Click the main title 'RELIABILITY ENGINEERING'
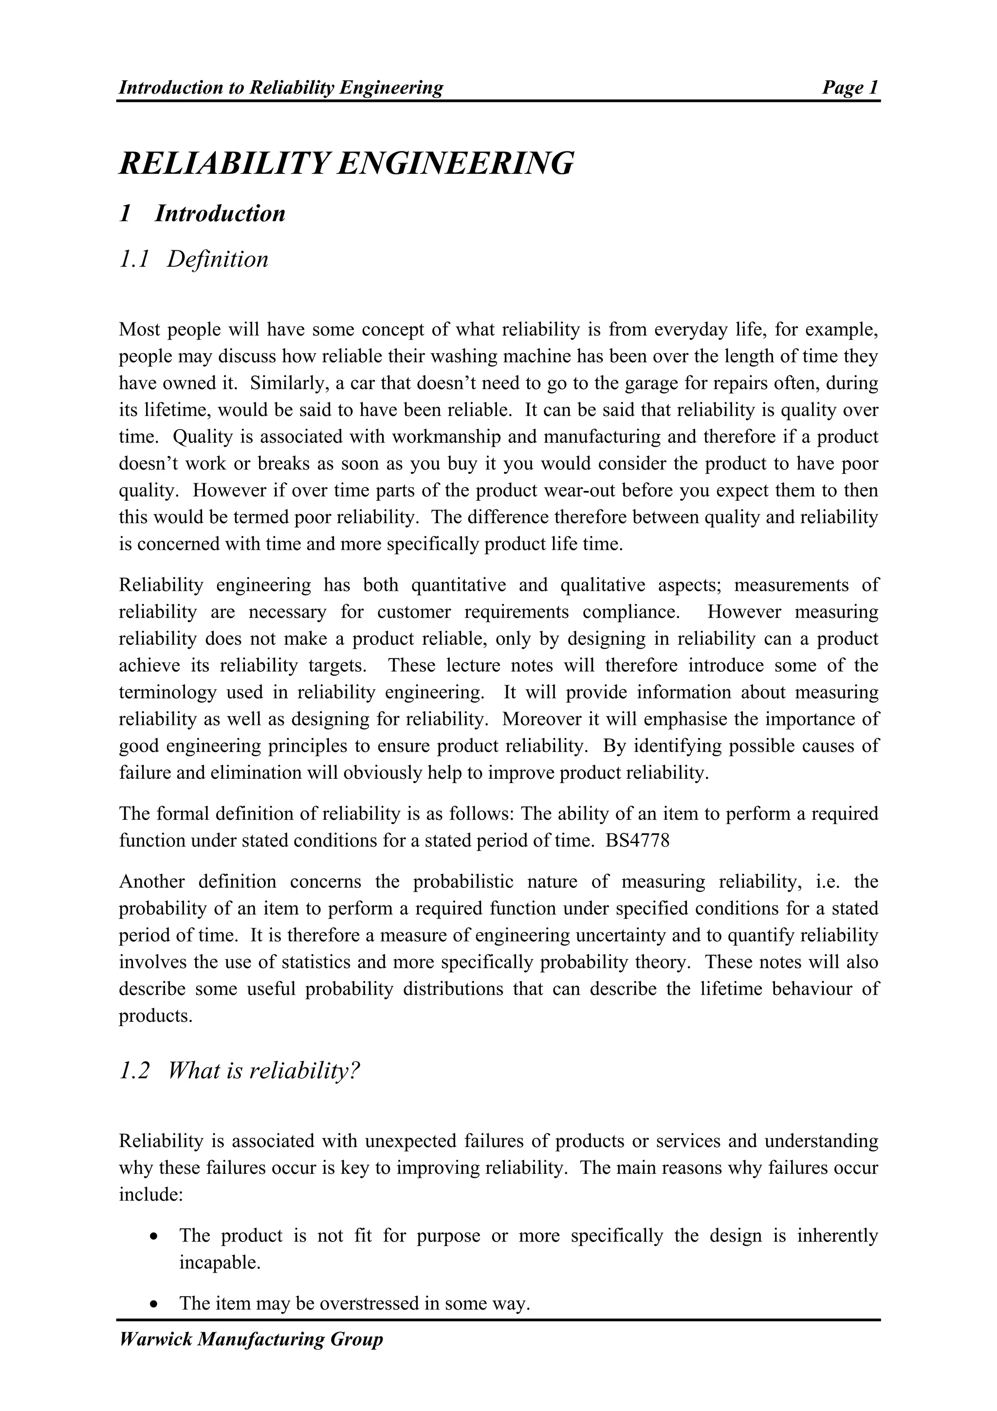coord(346,164)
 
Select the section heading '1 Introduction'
coord(202,214)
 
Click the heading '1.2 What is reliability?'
coord(239,1071)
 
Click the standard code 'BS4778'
coord(637,841)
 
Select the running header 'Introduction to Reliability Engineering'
coord(281,88)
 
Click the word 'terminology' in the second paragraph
coord(167,693)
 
